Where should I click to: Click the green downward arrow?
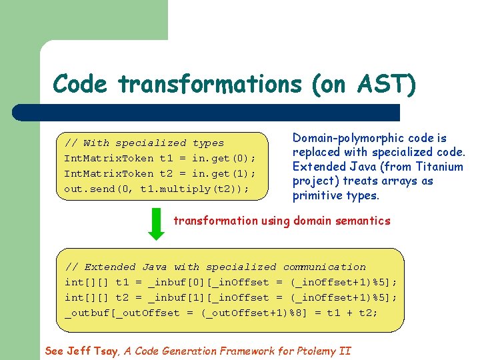pos(155,224)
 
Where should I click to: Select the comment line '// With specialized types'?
pos(144,143)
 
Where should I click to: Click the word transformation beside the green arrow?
pos(215,221)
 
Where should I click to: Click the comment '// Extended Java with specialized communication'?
pos(215,267)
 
